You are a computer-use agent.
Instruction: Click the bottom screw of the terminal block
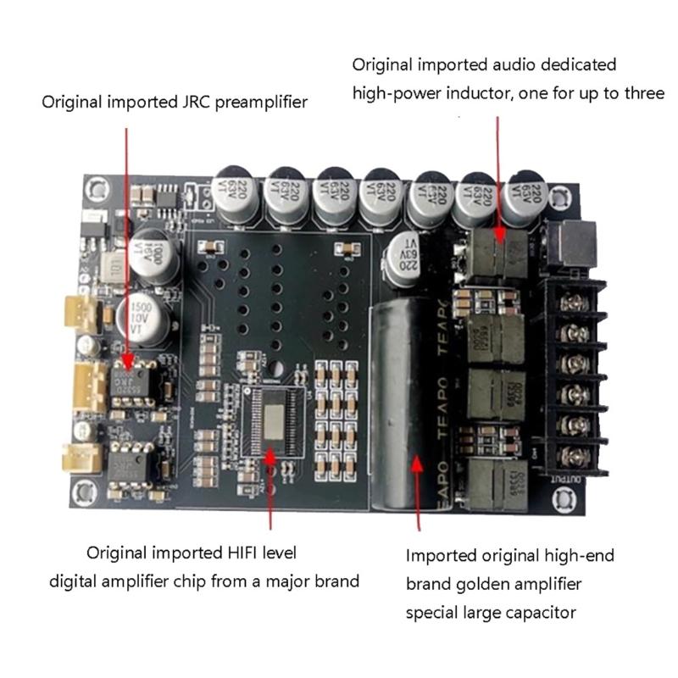click(578, 456)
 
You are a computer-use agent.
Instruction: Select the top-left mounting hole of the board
click(97, 186)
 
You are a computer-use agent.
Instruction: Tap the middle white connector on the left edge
click(85, 382)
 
